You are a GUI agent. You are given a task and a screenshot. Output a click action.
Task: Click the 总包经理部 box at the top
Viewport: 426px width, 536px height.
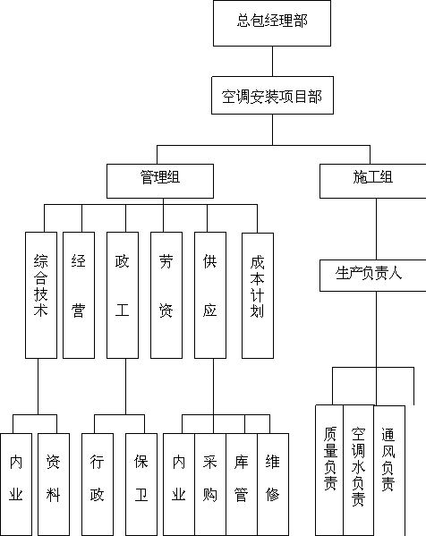(x=272, y=23)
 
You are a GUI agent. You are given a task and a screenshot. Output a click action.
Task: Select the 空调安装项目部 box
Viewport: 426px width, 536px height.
(x=272, y=96)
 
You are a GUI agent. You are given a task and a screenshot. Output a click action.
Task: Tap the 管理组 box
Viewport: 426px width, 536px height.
(x=160, y=181)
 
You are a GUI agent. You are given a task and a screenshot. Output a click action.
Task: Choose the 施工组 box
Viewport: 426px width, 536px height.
(x=372, y=181)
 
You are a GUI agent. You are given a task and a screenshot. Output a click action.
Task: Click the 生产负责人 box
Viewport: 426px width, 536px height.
(x=372, y=276)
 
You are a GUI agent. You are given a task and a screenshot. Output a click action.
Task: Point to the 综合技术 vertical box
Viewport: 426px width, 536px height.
(x=41, y=295)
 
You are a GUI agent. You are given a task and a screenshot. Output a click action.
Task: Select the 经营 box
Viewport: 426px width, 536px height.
(x=79, y=295)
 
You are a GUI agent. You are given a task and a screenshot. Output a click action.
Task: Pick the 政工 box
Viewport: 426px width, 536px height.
(x=123, y=295)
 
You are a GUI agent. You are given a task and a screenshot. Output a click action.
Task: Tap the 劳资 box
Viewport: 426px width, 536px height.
(x=166, y=295)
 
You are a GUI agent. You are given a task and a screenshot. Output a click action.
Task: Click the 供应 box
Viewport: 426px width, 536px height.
(x=210, y=295)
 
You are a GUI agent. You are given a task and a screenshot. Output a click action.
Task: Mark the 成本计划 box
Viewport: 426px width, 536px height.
(x=258, y=295)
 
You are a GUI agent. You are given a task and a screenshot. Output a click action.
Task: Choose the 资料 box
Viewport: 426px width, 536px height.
(x=54, y=484)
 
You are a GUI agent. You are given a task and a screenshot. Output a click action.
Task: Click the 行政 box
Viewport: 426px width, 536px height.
(x=98, y=484)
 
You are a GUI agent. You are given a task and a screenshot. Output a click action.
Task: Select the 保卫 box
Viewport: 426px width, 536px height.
(x=141, y=484)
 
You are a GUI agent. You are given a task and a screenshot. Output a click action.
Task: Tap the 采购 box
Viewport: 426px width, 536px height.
(x=210, y=484)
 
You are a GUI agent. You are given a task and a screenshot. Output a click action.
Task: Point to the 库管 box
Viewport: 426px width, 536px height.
(x=242, y=484)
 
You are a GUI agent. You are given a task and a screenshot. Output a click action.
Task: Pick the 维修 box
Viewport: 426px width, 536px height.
(x=273, y=484)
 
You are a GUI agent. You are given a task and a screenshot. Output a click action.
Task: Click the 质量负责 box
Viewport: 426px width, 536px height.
(x=329, y=471)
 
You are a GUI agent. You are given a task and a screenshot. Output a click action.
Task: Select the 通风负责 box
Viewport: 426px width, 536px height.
(x=389, y=471)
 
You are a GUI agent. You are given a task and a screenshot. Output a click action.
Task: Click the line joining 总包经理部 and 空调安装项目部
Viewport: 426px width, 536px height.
(x=272, y=61)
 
